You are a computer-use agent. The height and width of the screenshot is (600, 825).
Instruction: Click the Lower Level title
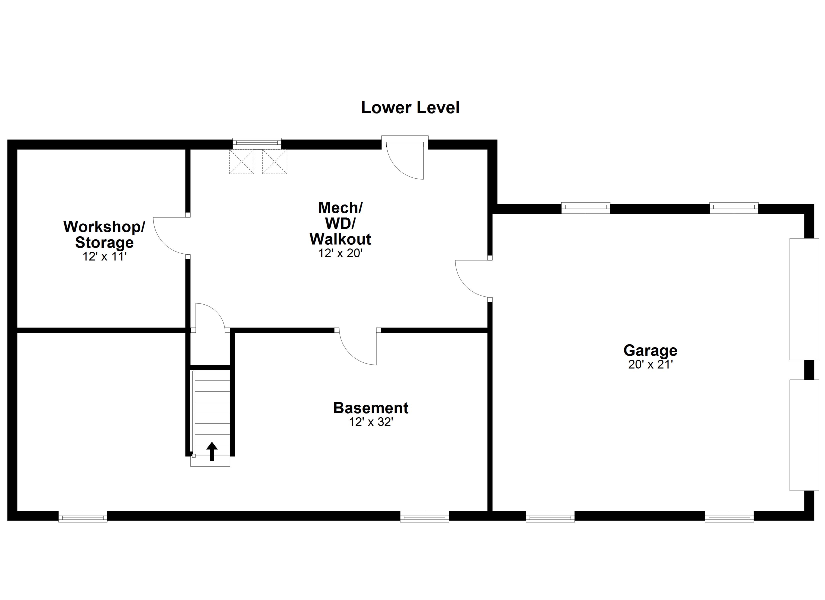[410, 108]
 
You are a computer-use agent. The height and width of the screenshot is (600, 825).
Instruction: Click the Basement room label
[371, 408]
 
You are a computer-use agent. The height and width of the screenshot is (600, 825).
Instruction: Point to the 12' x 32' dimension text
[371, 422]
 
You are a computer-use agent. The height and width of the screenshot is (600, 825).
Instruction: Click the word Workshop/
[104, 227]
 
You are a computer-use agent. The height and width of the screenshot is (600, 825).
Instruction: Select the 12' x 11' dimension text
[104, 256]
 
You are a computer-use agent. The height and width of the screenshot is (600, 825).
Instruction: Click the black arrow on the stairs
[212, 451]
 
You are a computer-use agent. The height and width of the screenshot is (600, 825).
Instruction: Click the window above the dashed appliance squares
[257, 143]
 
